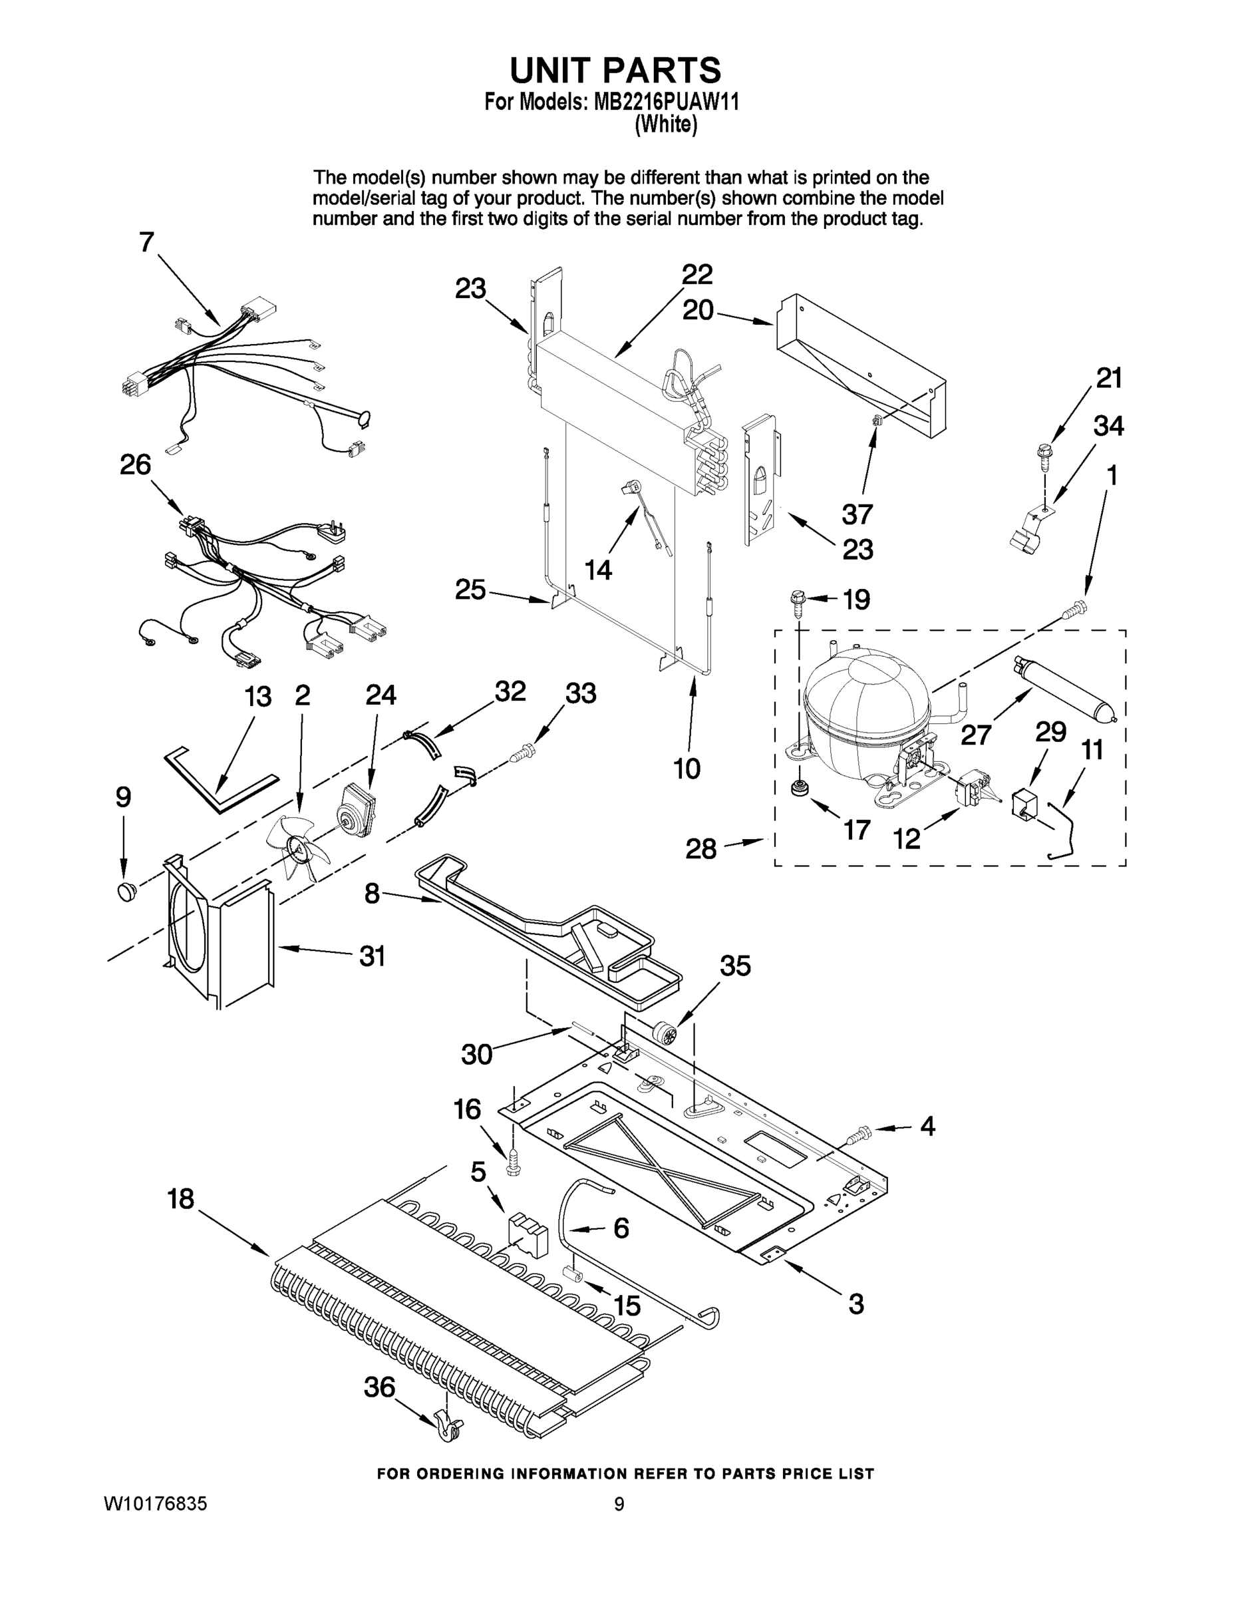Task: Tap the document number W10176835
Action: pyautogui.click(x=156, y=1503)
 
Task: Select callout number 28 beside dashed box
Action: pyautogui.click(x=700, y=848)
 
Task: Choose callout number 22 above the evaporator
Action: pyautogui.click(x=696, y=275)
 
